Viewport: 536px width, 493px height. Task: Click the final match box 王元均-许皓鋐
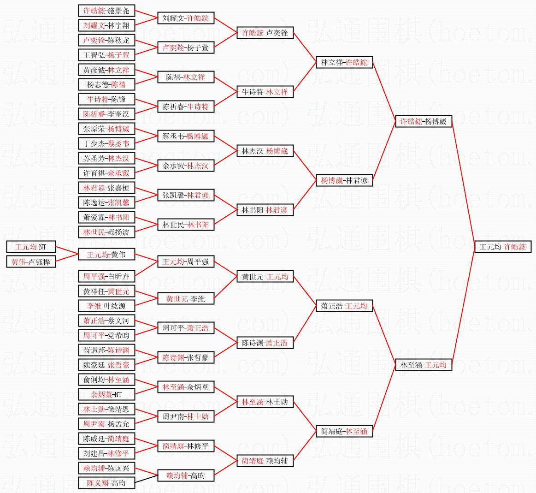(503, 247)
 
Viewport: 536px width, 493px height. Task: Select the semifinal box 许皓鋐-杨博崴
(424, 122)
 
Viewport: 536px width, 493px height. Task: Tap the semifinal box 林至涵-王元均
(424, 365)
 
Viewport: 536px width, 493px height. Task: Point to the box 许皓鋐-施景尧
(106, 11)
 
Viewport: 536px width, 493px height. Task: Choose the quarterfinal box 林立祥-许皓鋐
(344, 62)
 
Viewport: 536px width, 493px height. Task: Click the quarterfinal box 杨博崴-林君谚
(344, 181)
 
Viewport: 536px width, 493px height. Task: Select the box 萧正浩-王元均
(344, 306)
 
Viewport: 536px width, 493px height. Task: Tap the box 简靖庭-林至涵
(344, 431)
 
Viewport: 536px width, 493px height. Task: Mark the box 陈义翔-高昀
(106, 483)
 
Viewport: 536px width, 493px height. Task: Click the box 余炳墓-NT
(106, 394)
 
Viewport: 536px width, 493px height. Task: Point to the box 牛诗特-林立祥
(265, 92)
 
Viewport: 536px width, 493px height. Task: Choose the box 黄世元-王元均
(265, 277)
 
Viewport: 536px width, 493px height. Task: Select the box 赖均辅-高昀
(186, 475)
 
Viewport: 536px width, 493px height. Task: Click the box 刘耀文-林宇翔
(106, 25)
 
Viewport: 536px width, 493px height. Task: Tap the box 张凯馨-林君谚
(186, 195)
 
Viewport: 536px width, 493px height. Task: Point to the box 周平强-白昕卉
(106, 276)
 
